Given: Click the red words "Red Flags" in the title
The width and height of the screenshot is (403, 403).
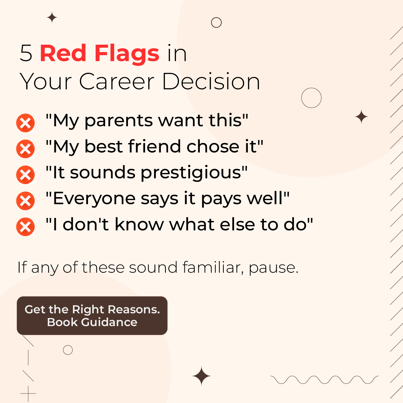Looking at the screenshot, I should point(99,53).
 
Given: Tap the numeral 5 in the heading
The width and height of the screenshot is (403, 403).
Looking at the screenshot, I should point(26,53).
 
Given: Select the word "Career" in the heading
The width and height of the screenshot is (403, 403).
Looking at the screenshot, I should point(117,82).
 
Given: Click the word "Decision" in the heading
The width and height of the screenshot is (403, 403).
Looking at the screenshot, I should point(211,82).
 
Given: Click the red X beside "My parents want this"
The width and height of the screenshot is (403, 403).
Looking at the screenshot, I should point(26,123).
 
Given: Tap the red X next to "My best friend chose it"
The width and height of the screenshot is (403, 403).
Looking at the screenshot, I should point(26,149).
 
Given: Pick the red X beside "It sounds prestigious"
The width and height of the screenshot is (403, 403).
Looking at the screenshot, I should point(26,175).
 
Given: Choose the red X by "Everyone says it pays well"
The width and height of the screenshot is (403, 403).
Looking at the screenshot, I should point(26,200).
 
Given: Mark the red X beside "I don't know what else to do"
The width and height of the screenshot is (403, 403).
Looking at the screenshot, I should point(26,227).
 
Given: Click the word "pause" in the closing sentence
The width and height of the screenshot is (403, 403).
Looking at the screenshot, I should point(273,268).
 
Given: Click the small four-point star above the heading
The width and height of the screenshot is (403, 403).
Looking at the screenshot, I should point(52,17).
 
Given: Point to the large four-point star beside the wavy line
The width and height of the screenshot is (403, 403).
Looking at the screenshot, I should point(201,376).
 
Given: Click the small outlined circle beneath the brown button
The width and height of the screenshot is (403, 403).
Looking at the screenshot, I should point(68,350).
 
